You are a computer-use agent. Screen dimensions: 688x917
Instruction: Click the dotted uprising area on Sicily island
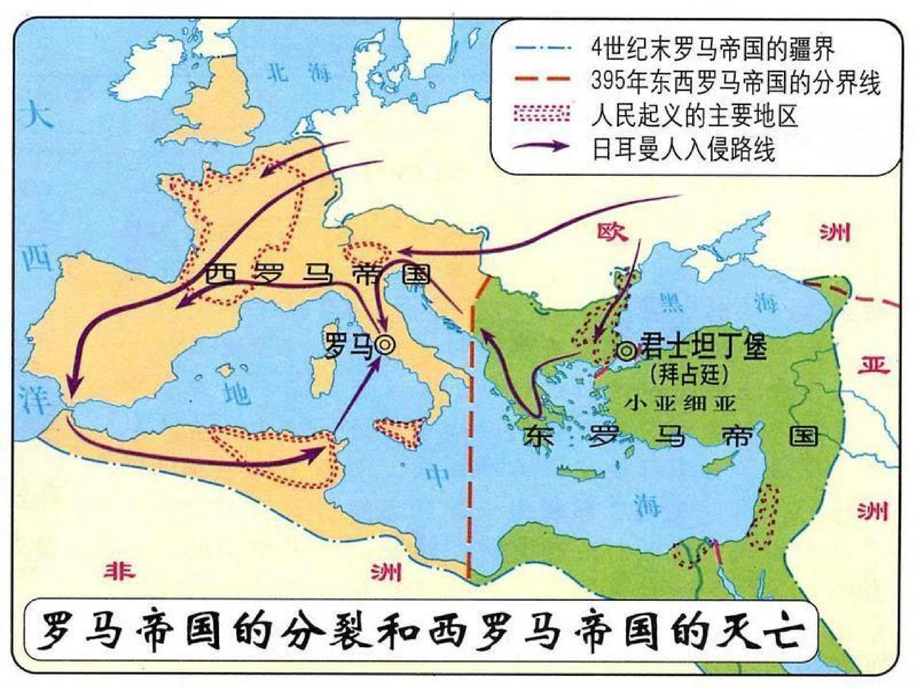[398, 431]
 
